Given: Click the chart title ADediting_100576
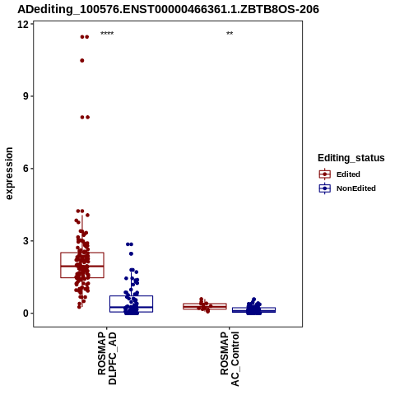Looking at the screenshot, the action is (x=168, y=9).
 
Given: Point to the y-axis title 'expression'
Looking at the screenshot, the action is (x=9, y=174).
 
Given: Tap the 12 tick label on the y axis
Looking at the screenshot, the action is (x=23, y=25).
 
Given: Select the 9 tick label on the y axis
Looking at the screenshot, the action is (x=26, y=96).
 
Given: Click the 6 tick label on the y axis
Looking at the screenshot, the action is (x=26, y=169).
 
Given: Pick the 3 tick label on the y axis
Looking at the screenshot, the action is (x=26, y=241).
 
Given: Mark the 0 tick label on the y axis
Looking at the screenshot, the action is (x=26, y=313).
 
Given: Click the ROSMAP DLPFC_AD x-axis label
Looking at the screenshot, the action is (x=107, y=358).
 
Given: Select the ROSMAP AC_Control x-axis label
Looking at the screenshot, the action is (x=230, y=359).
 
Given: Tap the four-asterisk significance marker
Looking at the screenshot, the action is (x=107, y=34).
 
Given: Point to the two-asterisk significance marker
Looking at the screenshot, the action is (x=230, y=34).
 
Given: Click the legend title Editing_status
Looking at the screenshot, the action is (x=351, y=158).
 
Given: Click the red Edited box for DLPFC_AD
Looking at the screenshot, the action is (x=82, y=265).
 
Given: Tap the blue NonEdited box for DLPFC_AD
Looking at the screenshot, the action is (x=131, y=304).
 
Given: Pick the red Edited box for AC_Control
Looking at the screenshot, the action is (x=205, y=306).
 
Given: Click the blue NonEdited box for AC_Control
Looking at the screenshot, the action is (x=253, y=309).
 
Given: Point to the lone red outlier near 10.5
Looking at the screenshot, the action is (x=82, y=61).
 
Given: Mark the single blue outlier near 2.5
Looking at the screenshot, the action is (x=131, y=254).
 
